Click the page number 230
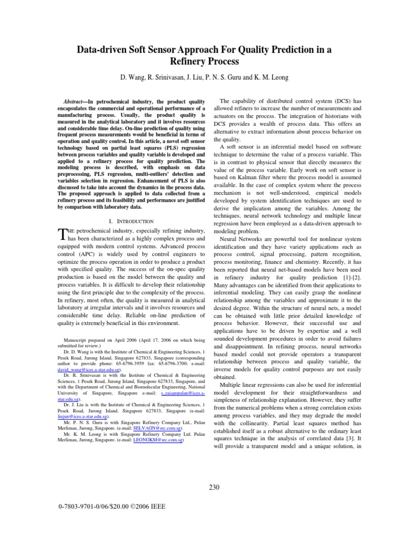point(214,488)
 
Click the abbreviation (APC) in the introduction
point(77,264)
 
